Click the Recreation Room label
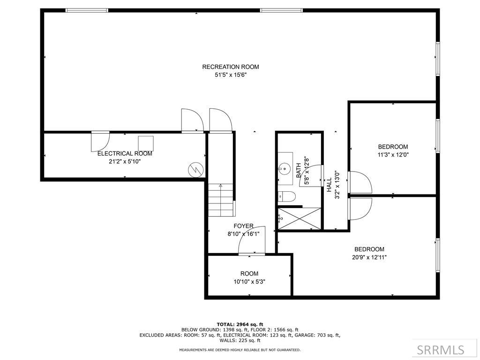point(231,67)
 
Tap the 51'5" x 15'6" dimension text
point(231,75)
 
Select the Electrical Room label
point(125,153)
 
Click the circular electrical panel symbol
point(195,170)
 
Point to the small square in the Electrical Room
point(146,143)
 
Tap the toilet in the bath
point(287,196)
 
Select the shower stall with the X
point(300,218)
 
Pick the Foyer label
point(243,226)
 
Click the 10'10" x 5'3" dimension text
point(249,282)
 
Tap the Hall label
point(329,185)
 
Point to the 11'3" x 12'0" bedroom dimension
point(393,155)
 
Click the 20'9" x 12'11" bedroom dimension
point(369,257)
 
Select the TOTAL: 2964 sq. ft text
point(240,324)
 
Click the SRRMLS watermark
point(441,350)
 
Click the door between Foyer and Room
point(252,240)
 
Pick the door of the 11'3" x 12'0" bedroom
point(360,182)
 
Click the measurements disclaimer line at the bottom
point(240,350)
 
